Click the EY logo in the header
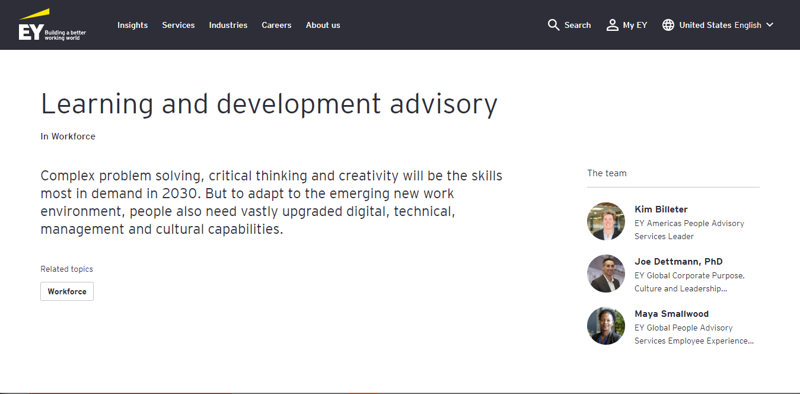[52, 25]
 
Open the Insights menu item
[132, 25]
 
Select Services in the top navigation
[179, 25]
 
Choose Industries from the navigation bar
[228, 25]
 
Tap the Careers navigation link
[276, 25]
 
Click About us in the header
[323, 25]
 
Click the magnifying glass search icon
[553, 25]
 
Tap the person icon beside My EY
[613, 25]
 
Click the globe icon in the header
[668, 25]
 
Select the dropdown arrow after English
[770, 25]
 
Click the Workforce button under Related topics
[67, 291]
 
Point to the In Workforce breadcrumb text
[68, 136]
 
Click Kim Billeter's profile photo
[606, 221]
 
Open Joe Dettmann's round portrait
[606, 274]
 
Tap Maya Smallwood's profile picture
[606, 326]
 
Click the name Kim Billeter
[661, 209]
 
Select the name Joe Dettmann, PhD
[678, 262]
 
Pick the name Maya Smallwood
[671, 314]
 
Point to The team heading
[607, 173]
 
